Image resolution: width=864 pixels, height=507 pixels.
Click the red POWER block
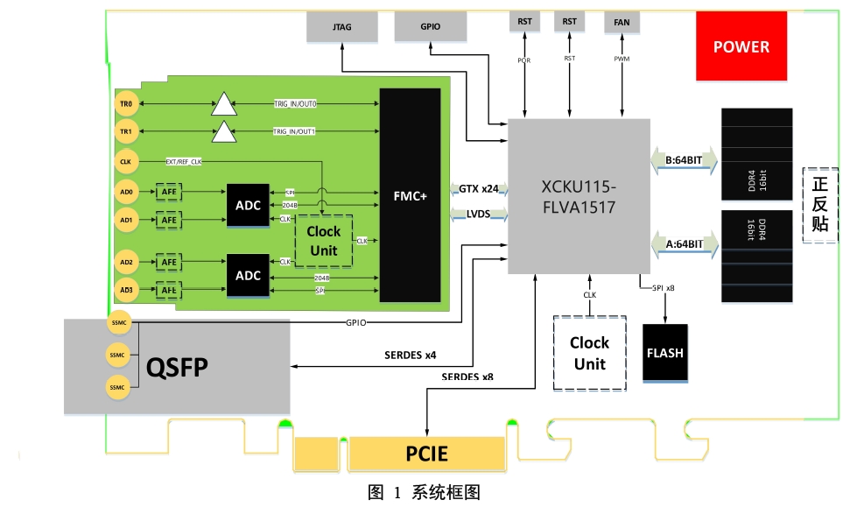click(741, 47)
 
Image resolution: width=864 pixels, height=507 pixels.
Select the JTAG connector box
click(342, 27)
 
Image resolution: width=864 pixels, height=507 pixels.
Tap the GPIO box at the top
click(430, 27)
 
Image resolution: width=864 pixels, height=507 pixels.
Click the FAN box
click(622, 23)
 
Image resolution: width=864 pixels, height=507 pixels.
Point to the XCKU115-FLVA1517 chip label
click(579, 196)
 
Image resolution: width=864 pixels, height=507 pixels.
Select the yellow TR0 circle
click(126, 104)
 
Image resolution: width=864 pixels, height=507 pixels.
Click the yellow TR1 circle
click(126, 131)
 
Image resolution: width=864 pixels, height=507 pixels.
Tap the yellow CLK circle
click(126, 161)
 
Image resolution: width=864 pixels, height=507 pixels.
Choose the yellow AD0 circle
click(126, 191)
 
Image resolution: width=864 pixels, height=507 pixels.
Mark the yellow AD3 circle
click(126, 290)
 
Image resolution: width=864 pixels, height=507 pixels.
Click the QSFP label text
click(177, 367)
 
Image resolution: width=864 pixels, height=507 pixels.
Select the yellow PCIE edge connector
click(426, 454)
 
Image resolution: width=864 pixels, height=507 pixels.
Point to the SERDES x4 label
click(411, 356)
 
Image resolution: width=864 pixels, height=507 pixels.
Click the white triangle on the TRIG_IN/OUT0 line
click(224, 105)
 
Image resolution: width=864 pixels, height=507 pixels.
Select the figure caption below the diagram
click(424, 492)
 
